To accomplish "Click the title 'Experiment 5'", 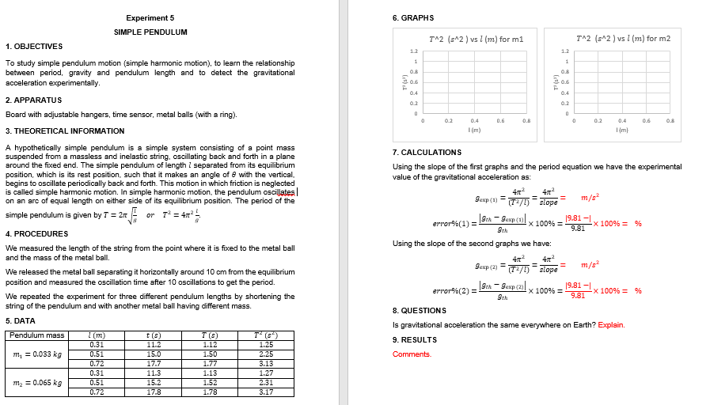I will (150, 17).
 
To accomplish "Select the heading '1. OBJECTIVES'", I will (29, 46).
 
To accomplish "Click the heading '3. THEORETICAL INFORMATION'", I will (65, 131).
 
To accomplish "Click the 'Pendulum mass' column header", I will (36, 335).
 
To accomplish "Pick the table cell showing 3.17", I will (266, 392).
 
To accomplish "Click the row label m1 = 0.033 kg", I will (36, 354).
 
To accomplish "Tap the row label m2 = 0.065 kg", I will (36, 382).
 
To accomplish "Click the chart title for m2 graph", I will (624, 38).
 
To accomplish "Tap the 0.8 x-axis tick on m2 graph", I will (670, 121).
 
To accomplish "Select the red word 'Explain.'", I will (611, 324).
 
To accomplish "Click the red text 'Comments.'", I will (412, 354).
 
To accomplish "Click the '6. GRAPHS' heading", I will (413, 17).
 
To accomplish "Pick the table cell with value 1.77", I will (210, 363).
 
